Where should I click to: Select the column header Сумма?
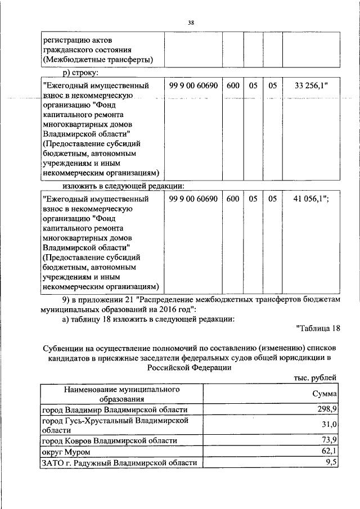click(325, 394)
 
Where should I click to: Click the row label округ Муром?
click(63, 451)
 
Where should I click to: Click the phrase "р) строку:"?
click(80, 73)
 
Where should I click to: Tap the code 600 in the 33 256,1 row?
click(233, 86)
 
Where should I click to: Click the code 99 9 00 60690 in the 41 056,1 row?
click(193, 199)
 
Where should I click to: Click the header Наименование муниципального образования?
click(121, 394)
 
